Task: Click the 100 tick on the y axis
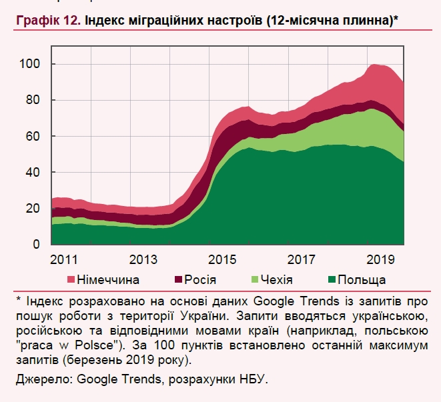[31, 64]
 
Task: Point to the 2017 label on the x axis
[302, 259]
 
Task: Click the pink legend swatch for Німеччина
[71, 279]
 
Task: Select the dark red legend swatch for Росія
[179, 279]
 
